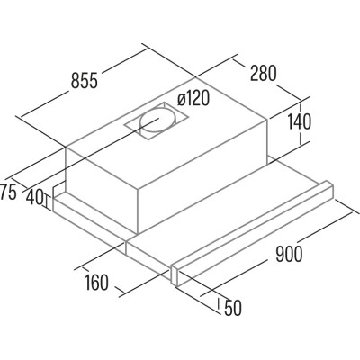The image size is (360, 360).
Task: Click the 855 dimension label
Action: pos(85,80)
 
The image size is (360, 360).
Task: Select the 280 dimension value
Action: pos(264,73)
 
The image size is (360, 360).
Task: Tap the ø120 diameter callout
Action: pos(193,98)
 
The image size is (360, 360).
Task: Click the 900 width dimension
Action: pos(289,254)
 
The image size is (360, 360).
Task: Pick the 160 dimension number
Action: pos(96,283)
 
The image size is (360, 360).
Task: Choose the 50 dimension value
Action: pos(233,308)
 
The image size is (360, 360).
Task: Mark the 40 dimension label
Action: pos(34,197)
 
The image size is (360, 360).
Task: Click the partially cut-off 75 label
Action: pos(8,193)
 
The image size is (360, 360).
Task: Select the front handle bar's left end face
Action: pos(175,275)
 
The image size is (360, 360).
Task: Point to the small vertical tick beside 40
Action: pos(46,202)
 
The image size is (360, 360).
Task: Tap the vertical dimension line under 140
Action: pos(301,123)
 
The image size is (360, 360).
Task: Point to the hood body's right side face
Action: pos(202,177)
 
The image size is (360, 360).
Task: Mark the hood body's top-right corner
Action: pos(266,120)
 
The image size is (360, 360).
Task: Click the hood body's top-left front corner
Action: pos(66,147)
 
